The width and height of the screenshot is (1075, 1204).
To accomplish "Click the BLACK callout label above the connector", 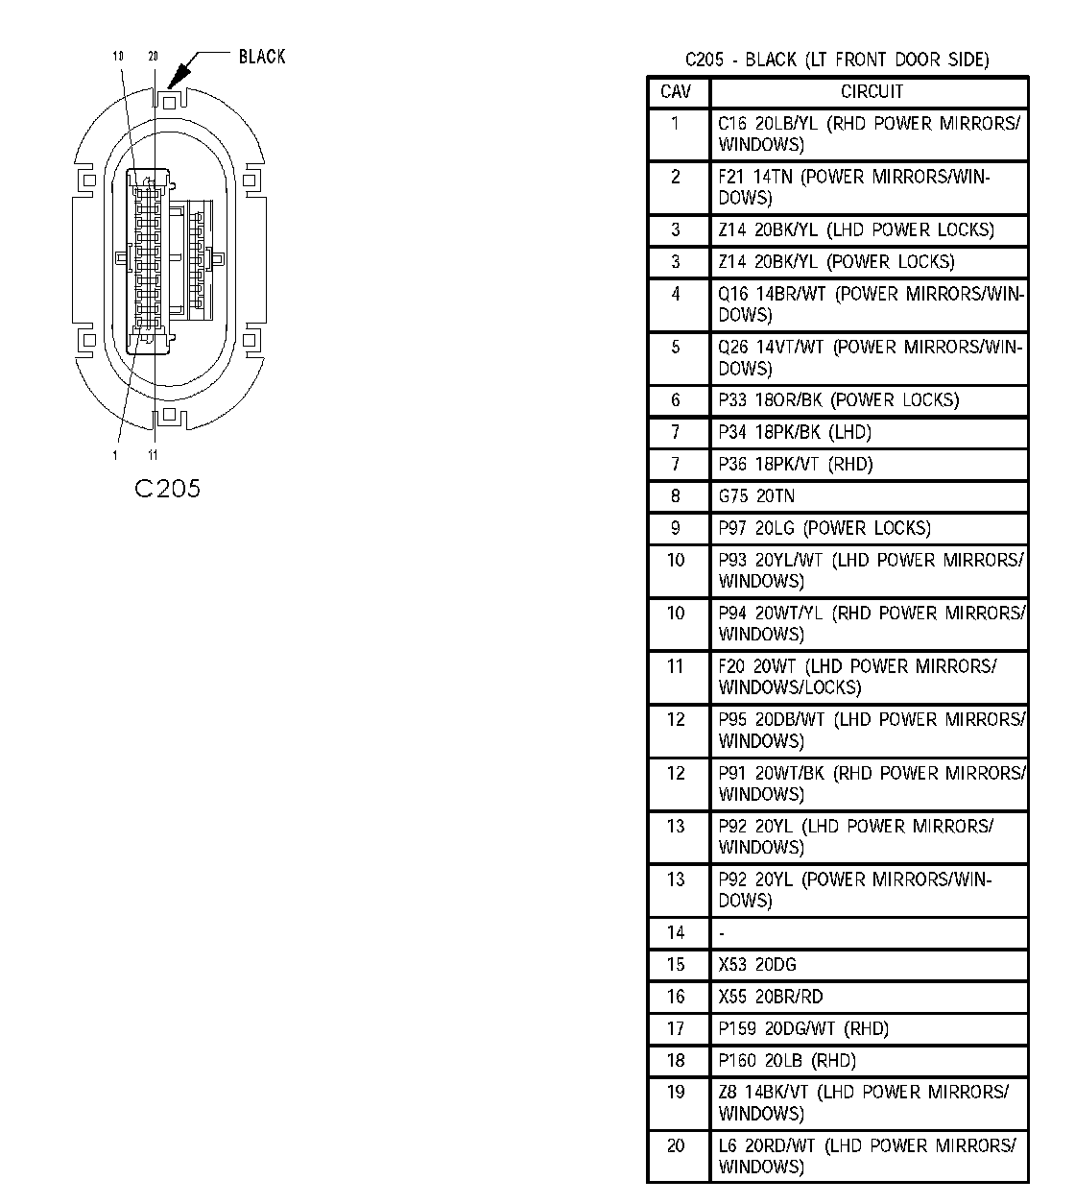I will (261, 57).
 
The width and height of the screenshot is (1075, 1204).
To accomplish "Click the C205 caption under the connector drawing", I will (167, 489).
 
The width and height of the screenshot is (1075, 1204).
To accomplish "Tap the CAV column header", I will (676, 92).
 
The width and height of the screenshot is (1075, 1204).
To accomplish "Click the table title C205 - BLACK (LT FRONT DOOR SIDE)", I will (836, 60).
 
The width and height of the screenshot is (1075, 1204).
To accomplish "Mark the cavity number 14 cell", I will (676, 932).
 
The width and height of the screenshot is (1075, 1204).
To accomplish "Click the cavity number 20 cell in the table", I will (676, 1145).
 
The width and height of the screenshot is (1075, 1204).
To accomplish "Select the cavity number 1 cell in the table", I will (676, 123).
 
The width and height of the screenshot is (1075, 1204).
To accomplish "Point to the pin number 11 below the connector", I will (153, 454).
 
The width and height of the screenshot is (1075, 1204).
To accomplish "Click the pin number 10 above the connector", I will (118, 57).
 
